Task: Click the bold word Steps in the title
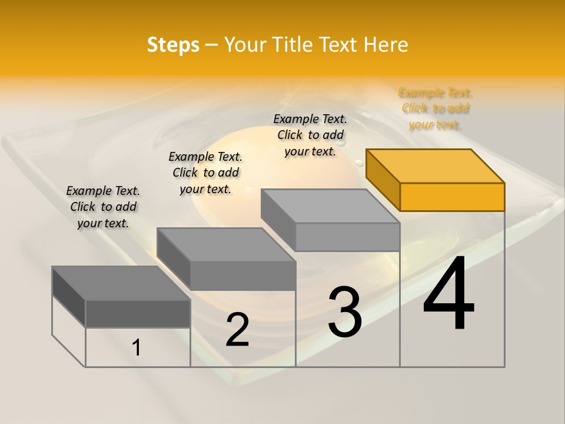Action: coord(173,45)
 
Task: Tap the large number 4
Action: coord(449,294)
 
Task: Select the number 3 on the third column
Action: coord(345,312)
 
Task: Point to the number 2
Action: coord(237,329)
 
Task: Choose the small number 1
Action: coord(137,348)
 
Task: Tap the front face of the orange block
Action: coord(452,197)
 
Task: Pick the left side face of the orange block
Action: coord(383,179)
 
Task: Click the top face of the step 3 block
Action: coord(330,206)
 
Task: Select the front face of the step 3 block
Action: coord(347,237)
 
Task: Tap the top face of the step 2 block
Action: coord(226,244)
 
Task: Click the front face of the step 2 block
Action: coord(242,276)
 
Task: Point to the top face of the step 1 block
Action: coord(121,283)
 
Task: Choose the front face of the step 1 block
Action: coord(138,313)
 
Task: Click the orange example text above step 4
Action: coord(435,108)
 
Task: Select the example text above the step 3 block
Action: coord(310,135)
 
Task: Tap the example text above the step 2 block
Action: coord(205,173)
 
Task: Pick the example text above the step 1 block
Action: coord(103,207)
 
